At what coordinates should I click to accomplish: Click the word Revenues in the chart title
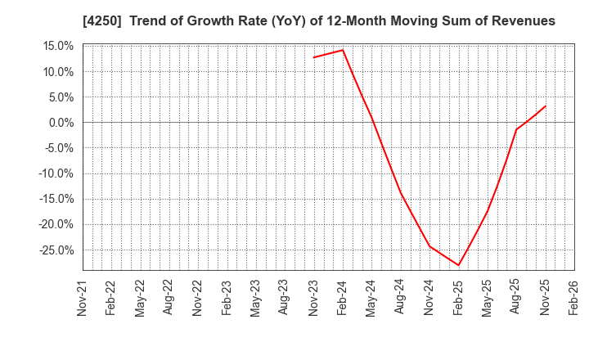tap(524, 21)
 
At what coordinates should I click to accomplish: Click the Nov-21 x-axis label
tap(83, 298)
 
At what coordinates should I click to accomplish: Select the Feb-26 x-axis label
tap(573, 298)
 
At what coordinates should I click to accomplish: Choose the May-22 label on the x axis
tap(140, 298)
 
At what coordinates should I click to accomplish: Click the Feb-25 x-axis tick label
tap(458, 298)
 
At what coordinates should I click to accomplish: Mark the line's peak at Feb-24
tap(343, 50)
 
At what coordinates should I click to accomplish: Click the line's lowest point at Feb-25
tap(458, 265)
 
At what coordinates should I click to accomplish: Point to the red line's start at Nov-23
tap(313, 57)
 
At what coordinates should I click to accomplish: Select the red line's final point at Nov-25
tap(545, 106)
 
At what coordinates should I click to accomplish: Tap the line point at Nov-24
tap(429, 246)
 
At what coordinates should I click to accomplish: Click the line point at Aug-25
tap(516, 129)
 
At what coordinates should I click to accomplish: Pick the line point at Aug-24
tap(400, 192)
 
